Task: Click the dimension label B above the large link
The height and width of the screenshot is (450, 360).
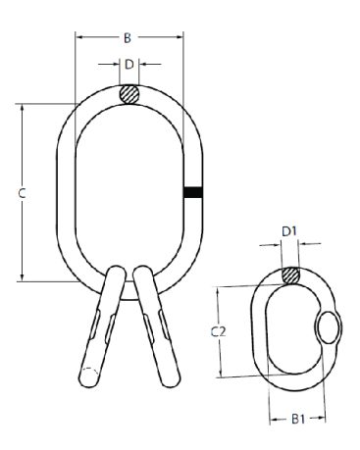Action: click(128, 38)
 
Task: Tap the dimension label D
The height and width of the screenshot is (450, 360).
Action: click(129, 65)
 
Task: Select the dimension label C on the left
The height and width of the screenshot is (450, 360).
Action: click(22, 193)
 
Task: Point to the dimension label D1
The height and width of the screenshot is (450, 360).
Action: click(289, 231)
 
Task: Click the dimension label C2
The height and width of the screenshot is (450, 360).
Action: click(218, 331)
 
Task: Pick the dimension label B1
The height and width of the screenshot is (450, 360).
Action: click(298, 419)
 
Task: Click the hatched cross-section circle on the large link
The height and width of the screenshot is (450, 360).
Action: click(129, 94)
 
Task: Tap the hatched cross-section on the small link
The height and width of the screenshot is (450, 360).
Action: click(290, 275)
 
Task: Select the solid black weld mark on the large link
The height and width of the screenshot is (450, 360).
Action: click(193, 192)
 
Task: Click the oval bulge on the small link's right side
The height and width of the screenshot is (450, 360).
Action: click(329, 327)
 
